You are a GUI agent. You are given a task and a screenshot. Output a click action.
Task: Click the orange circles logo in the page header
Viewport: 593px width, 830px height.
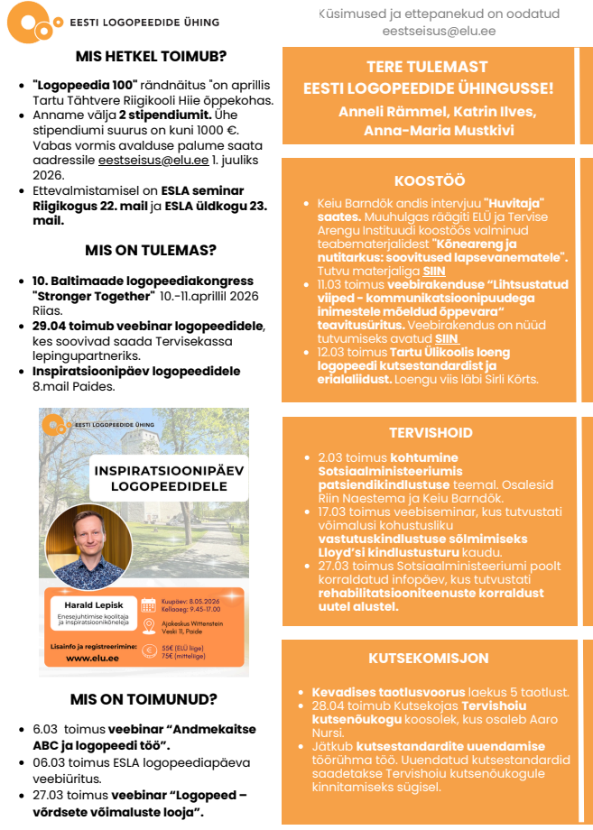click(x=33, y=22)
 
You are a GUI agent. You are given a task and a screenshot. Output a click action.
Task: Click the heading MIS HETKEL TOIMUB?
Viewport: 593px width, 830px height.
click(x=151, y=56)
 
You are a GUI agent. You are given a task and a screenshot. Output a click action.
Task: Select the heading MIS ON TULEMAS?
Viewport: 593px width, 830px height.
click(x=151, y=250)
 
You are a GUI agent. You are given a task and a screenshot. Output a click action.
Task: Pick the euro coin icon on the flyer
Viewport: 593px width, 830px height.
click(x=150, y=652)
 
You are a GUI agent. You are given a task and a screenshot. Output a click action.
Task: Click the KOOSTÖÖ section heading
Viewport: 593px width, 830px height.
click(x=429, y=181)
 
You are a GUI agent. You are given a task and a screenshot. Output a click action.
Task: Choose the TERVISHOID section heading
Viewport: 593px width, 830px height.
click(x=429, y=433)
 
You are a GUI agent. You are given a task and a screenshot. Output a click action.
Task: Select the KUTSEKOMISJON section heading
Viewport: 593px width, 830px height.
click(x=429, y=659)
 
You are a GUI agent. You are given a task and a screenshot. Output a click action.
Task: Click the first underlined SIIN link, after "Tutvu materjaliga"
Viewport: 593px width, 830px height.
click(x=434, y=271)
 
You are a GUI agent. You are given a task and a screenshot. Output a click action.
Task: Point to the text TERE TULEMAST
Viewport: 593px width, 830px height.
click(x=427, y=68)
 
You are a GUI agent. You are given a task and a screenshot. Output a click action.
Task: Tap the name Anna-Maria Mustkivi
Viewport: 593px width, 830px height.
click(x=426, y=131)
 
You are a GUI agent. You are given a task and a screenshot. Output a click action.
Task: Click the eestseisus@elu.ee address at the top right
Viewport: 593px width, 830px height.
click(x=439, y=31)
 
